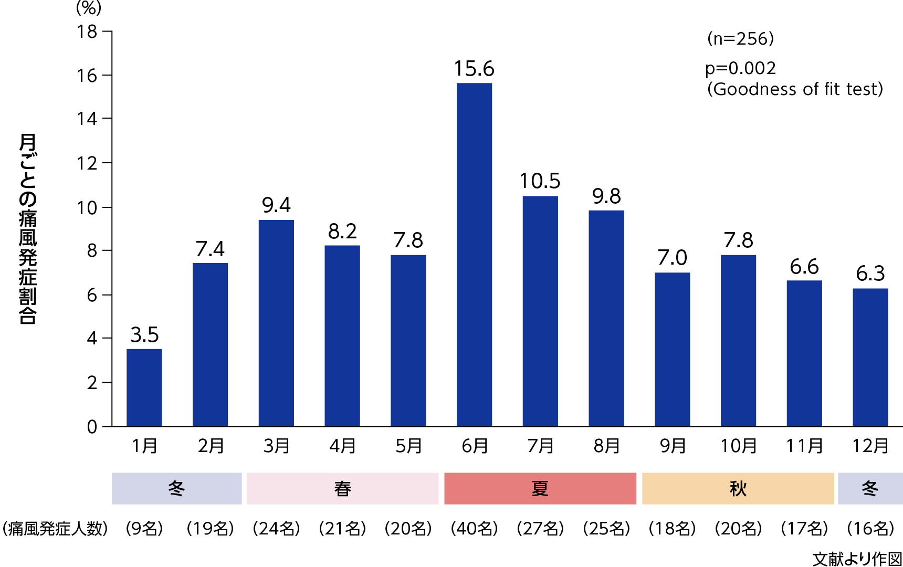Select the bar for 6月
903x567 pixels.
click(x=474, y=255)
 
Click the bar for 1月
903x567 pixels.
click(x=144, y=387)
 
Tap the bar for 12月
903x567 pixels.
click(x=870, y=357)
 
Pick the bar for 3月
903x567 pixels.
click(x=276, y=323)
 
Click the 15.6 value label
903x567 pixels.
click(x=474, y=69)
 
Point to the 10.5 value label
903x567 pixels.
click(x=540, y=181)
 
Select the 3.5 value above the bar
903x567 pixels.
click(x=144, y=335)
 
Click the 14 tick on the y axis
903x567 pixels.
click(x=87, y=119)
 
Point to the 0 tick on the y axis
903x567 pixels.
click(x=92, y=427)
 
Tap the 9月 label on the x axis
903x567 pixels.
click(x=673, y=446)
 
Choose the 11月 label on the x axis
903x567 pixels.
click(x=804, y=446)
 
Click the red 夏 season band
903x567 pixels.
click(x=540, y=488)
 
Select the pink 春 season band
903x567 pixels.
click(x=342, y=488)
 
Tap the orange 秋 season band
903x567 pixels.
click(x=738, y=488)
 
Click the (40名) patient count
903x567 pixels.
click(x=474, y=528)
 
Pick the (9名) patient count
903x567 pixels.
click(x=144, y=528)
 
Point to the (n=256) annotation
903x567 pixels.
click(x=740, y=38)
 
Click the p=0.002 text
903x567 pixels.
click(x=740, y=68)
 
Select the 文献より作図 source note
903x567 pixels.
click(x=857, y=559)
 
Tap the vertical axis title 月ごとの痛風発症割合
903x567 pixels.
click(x=28, y=229)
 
